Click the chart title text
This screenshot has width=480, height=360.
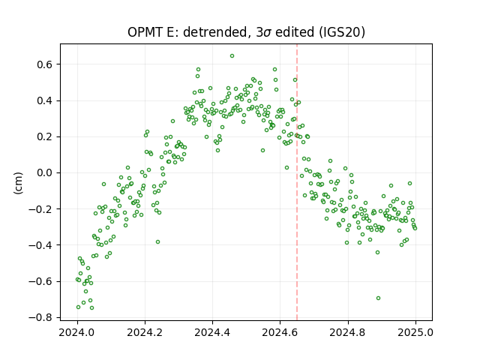click(x=246, y=32)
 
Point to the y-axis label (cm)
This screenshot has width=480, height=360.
click(x=18, y=182)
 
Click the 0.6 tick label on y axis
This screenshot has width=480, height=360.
click(x=45, y=64)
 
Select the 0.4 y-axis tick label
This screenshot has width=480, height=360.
click(x=45, y=100)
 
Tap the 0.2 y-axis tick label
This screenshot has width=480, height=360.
click(x=45, y=136)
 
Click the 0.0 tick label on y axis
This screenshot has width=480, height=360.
click(x=45, y=173)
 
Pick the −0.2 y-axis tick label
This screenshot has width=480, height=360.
click(x=41, y=209)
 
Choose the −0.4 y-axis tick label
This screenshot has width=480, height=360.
click(x=41, y=245)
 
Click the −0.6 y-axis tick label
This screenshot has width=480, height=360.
click(x=41, y=281)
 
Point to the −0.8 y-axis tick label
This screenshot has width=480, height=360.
click(x=41, y=317)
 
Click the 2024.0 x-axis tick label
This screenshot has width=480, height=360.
click(x=77, y=332)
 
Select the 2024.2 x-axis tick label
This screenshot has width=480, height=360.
click(x=145, y=332)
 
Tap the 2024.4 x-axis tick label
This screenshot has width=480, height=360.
click(x=212, y=332)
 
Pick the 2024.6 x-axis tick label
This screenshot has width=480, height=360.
click(x=280, y=332)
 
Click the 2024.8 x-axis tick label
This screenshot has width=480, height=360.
click(x=347, y=332)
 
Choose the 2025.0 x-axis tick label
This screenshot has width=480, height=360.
click(x=415, y=332)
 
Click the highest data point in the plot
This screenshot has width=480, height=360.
click(x=232, y=56)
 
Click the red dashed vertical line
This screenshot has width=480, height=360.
click(x=297, y=182)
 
